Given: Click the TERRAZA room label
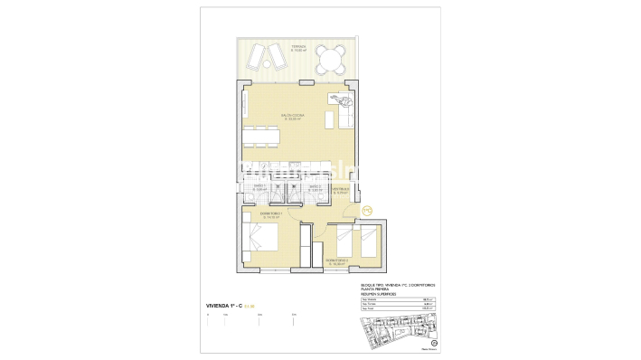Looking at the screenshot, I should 298,48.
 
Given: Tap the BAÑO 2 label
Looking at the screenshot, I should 316,190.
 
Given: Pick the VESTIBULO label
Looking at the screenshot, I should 340,191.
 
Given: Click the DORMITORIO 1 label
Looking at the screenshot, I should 272,216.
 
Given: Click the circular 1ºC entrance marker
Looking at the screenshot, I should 367,212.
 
